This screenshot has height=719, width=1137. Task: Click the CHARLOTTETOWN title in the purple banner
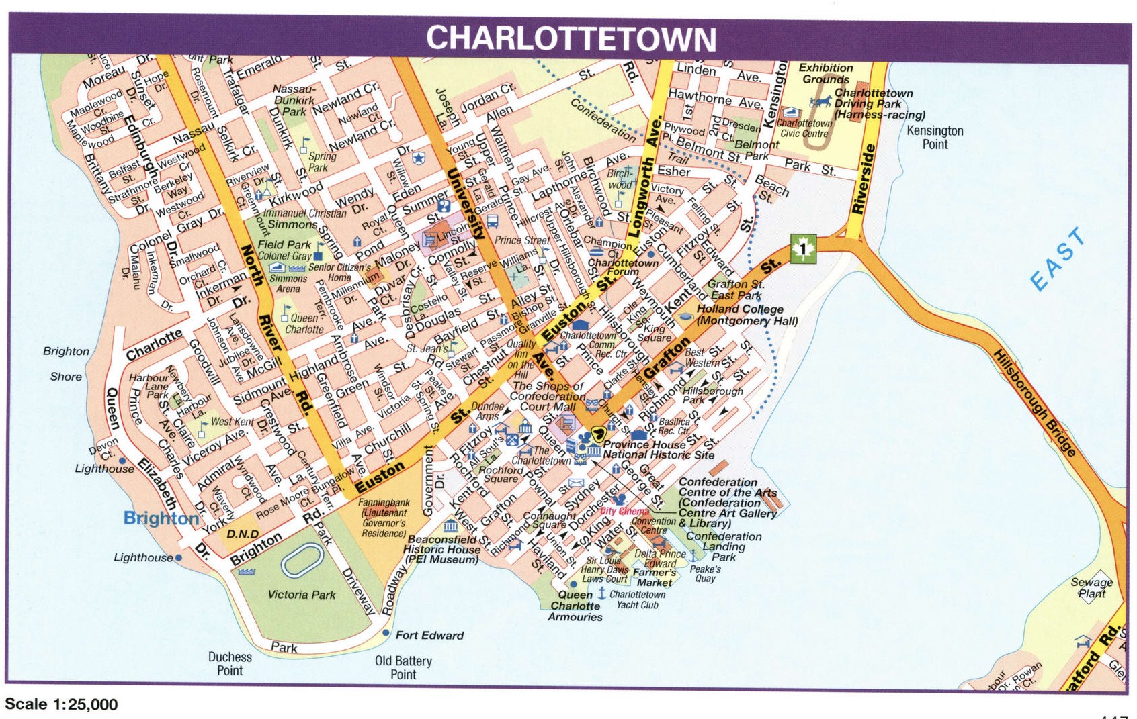[571, 38]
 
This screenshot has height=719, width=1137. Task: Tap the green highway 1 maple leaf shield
[802, 249]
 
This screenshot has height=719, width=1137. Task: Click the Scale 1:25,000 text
[61, 704]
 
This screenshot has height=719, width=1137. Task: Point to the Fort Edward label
[429, 635]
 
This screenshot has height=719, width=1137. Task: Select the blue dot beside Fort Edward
[386, 633]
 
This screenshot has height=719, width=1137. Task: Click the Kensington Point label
[935, 137]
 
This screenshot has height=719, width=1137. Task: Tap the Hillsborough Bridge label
[1036, 403]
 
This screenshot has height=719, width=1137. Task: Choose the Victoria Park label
[301, 595]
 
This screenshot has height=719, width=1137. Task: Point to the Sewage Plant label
[1091, 588]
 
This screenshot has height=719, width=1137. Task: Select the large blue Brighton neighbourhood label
[161, 518]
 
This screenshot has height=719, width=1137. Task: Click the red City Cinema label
[624, 512]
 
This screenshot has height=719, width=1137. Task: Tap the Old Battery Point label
[403, 667]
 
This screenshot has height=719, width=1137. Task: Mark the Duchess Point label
[230, 663]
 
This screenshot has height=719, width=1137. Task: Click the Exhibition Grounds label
[825, 73]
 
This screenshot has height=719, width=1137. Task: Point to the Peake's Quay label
[705, 574]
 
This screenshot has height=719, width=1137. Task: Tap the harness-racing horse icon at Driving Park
[820, 102]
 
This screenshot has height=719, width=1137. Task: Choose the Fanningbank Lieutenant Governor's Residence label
[384, 518]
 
